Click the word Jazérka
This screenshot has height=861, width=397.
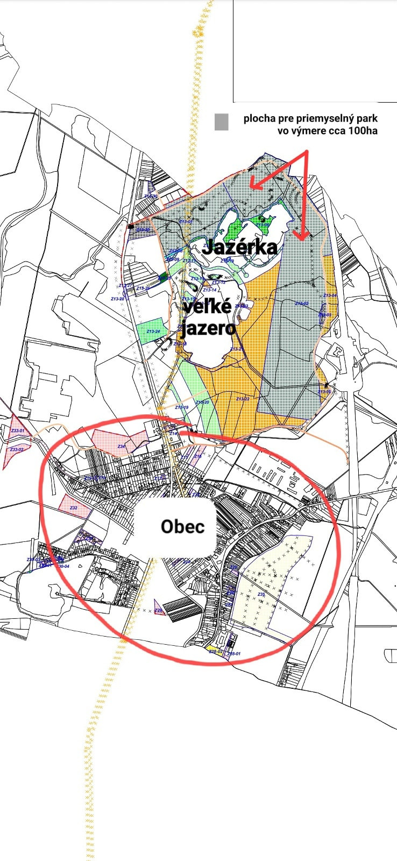click(x=240, y=247)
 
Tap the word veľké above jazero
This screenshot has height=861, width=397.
click(x=207, y=307)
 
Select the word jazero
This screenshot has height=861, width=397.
click(x=207, y=327)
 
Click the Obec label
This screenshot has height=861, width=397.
click(x=183, y=526)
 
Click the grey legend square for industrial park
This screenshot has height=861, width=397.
click(x=221, y=122)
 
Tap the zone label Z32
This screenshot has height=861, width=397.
click(x=74, y=507)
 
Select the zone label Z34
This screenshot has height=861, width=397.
click(x=121, y=446)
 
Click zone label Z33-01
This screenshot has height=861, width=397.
click(x=17, y=430)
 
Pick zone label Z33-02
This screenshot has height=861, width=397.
click(x=17, y=449)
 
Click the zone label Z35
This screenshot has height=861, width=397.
click(x=261, y=594)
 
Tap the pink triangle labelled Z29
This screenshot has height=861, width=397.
click(x=158, y=608)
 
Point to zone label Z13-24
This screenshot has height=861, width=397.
click(x=154, y=331)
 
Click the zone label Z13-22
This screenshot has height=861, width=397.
click(x=243, y=399)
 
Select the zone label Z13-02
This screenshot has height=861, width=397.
click(x=302, y=304)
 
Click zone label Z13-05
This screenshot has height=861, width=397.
click(x=324, y=392)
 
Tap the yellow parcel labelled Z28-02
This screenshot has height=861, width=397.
click(x=215, y=651)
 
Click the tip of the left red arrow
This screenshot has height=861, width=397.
click(x=251, y=188)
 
